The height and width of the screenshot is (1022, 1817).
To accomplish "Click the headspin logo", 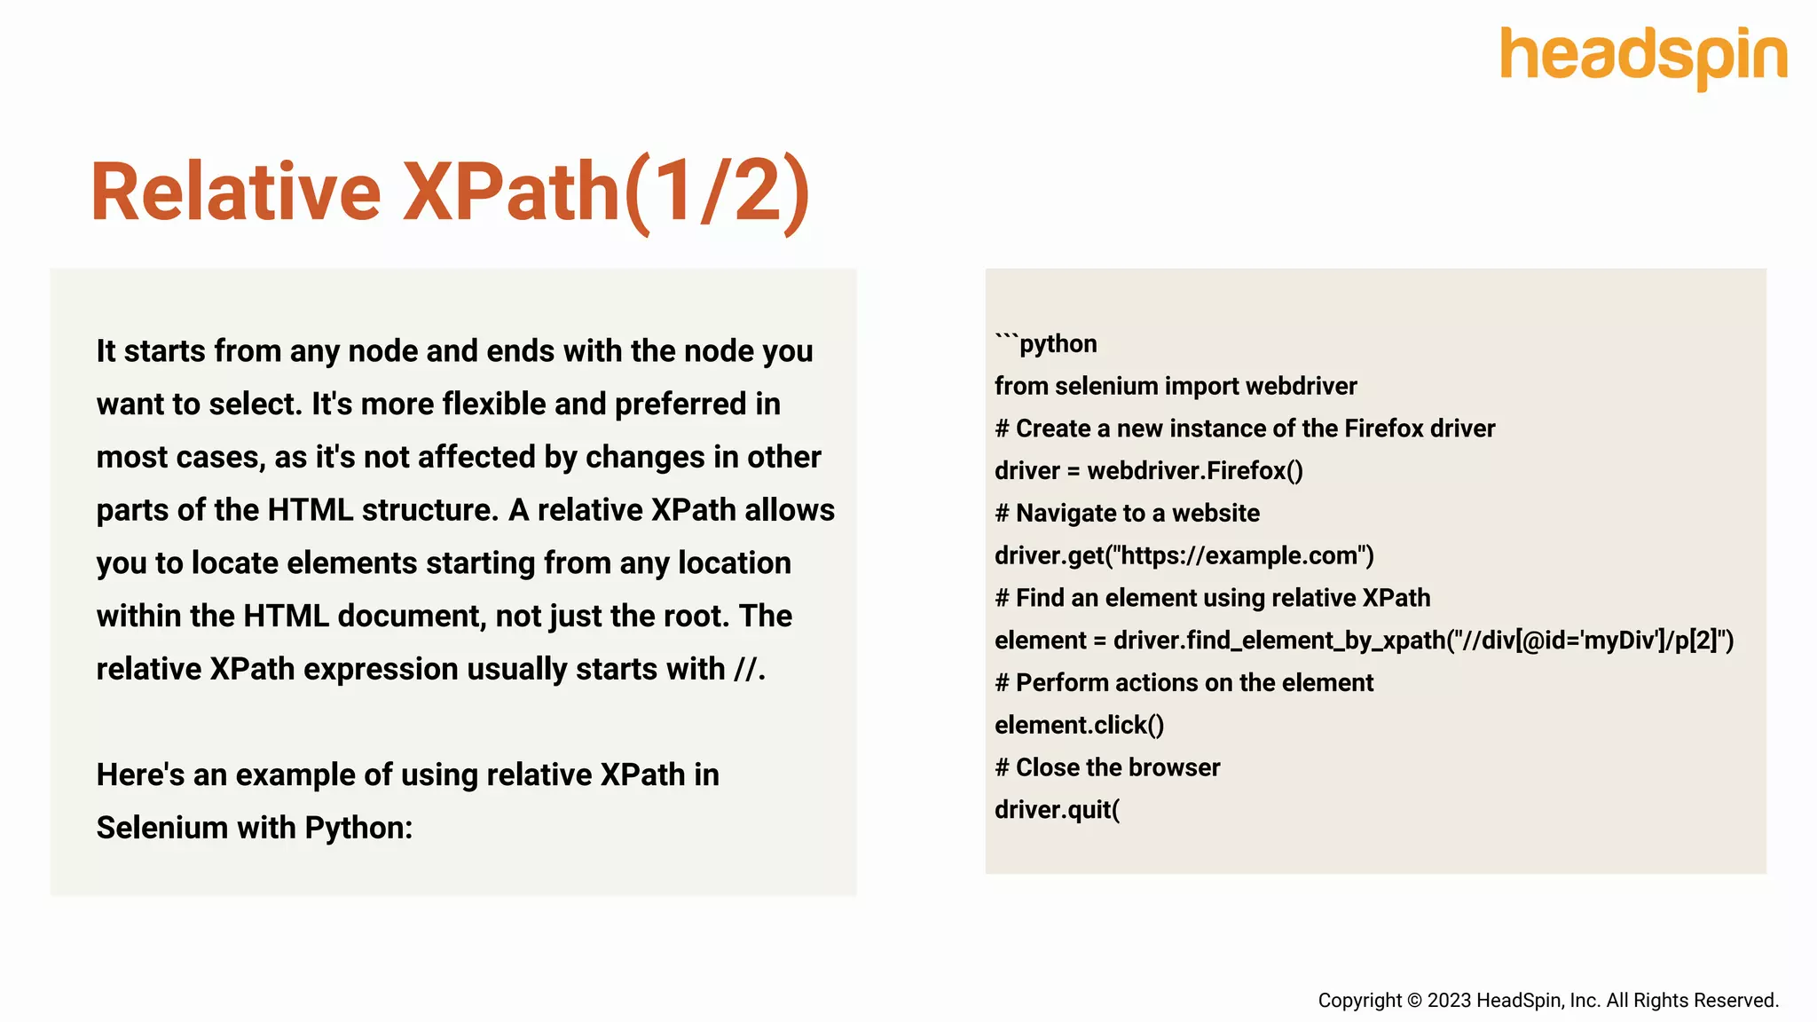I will (1643, 57).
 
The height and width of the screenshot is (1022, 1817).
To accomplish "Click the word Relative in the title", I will (236, 193).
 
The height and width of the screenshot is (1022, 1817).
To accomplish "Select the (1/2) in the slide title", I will (718, 193).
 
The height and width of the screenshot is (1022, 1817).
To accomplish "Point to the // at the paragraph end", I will (745, 669).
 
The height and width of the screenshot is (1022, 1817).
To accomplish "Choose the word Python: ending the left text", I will (358, 828).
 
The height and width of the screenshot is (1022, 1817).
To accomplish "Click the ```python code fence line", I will (1046, 343).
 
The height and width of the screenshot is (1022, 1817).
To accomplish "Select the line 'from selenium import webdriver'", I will (1176, 386).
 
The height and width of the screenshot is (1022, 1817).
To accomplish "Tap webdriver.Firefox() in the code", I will (1195, 470).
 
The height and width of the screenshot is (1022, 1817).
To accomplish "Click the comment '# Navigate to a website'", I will (1127, 513).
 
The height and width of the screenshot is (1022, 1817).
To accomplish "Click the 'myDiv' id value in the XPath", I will (1616, 641).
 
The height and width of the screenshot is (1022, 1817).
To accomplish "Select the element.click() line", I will (1079, 725).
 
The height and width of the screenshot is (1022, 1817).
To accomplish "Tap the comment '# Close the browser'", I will (1107, 767).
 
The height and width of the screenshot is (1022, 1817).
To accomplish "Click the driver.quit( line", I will (1057, 810).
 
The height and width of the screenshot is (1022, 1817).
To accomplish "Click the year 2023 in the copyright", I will (1449, 1001).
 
